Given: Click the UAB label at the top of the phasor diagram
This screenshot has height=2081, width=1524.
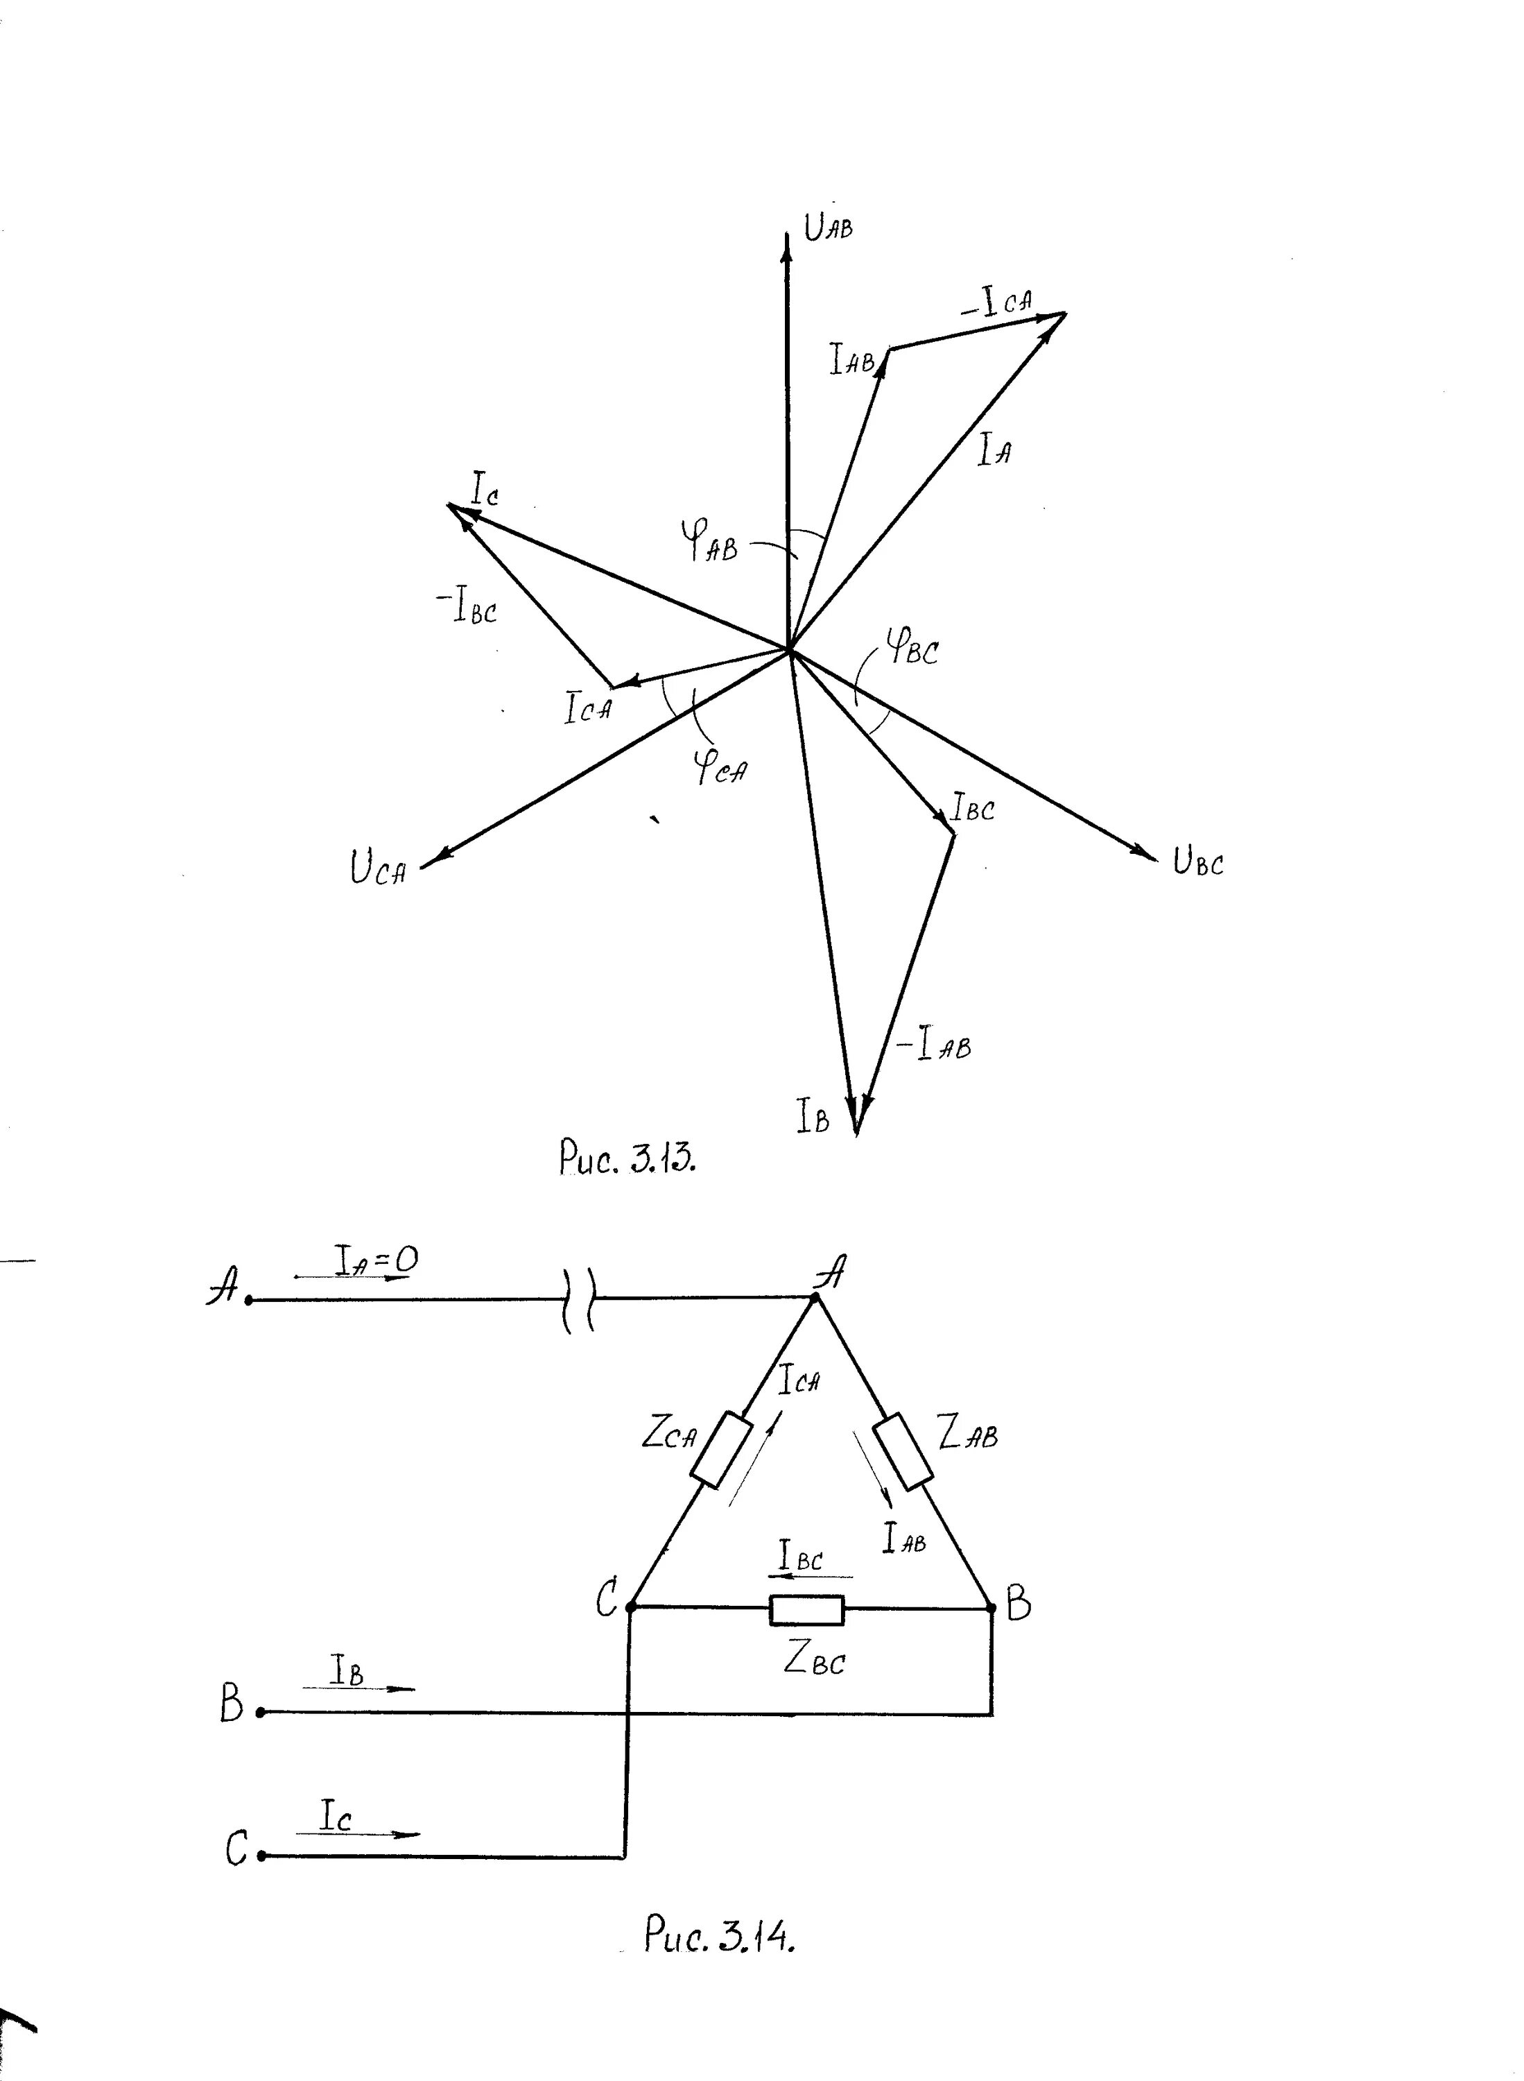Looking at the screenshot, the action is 827,226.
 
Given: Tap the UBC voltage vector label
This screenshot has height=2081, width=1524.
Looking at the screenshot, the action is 1197,862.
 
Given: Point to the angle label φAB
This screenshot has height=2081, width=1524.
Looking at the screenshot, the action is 709,539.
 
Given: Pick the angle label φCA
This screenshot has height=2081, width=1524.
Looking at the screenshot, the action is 720,765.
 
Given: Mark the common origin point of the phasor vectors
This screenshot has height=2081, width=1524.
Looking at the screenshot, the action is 790,651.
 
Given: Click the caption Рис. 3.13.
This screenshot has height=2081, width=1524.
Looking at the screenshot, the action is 627,1157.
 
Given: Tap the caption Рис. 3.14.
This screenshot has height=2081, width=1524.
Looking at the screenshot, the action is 718,1934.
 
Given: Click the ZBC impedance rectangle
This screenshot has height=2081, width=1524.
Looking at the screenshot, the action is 806,1609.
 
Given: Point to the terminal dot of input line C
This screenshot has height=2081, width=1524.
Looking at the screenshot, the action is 262,1855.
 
